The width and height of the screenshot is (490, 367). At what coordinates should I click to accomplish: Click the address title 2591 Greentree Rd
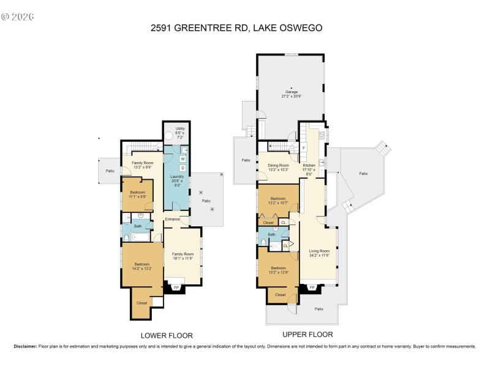click(245, 28)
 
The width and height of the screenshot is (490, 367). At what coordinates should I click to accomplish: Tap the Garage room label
click(290, 94)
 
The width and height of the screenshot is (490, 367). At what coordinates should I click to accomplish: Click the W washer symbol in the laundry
click(183, 159)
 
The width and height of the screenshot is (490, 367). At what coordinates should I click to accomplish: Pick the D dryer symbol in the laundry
click(183, 168)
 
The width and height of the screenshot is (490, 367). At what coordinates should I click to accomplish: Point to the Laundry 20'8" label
click(176, 180)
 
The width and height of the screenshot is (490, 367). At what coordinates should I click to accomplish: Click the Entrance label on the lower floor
click(171, 219)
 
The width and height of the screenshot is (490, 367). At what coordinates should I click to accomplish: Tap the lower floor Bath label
click(138, 226)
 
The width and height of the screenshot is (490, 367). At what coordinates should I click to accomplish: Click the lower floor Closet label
click(141, 303)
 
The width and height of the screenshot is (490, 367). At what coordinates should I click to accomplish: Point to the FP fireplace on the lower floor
click(176, 287)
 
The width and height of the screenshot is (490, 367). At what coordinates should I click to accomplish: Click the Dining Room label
click(278, 167)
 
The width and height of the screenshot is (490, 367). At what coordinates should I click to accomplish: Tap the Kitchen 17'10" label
click(310, 169)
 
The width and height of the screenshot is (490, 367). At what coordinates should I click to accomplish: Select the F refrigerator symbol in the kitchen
click(304, 148)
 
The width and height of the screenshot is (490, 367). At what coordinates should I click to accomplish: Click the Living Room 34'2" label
click(319, 253)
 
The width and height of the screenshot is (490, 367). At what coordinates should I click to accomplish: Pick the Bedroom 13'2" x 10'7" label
click(278, 201)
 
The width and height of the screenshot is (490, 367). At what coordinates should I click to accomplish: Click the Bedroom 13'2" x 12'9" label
click(278, 269)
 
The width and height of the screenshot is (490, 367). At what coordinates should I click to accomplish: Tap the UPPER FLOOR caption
click(307, 335)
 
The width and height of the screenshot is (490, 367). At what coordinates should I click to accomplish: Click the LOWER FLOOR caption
click(167, 335)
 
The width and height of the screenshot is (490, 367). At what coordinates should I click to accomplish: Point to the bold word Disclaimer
click(25, 346)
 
